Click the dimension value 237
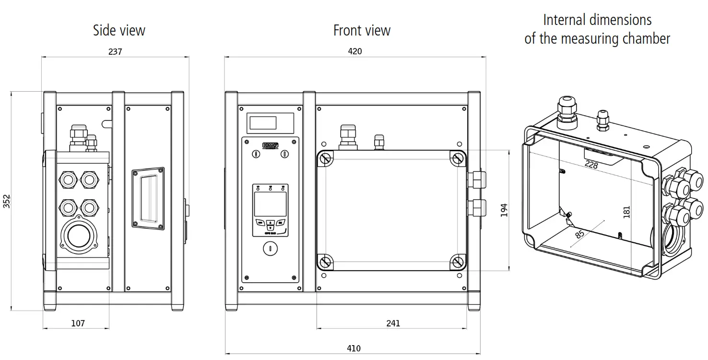click(x=115, y=52)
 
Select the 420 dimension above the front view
click(x=355, y=51)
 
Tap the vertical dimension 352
click(x=7, y=201)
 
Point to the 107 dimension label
click(x=78, y=324)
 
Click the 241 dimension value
click(x=393, y=324)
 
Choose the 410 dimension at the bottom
click(x=354, y=348)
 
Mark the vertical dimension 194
click(x=504, y=210)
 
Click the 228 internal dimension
click(x=591, y=165)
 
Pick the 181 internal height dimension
click(x=626, y=212)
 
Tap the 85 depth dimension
click(x=579, y=235)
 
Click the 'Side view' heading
click(x=119, y=31)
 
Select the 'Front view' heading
click(x=362, y=31)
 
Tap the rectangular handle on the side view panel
click(x=148, y=198)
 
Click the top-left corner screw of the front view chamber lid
click(x=326, y=158)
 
